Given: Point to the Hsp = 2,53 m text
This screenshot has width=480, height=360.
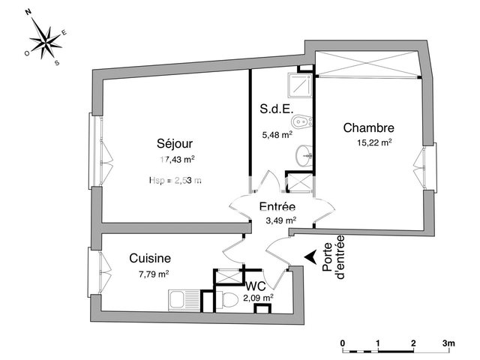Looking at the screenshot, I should pyautogui.click(x=175, y=180).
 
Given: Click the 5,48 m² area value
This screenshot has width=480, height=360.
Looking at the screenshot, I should pyautogui.click(x=275, y=135).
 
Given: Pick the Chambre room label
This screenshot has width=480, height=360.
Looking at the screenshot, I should pyautogui.click(x=369, y=127).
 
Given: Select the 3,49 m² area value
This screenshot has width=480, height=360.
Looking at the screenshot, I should pyautogui.click(x=280, y=220).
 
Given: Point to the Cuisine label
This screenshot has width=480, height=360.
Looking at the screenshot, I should pyautogui.click(x=149, y=257).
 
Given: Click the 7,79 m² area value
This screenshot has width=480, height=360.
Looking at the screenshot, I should pyautogui.click(x=152, y=274).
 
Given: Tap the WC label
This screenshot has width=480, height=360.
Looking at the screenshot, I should pyautogui.click(x=256, y=286).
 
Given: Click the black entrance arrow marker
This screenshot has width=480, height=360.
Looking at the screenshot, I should pyautogui.click(x=309, y=257).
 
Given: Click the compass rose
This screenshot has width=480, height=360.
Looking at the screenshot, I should pyautogui.click(x=46, y=42).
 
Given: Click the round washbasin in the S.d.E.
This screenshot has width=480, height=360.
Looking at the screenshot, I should pyautogui.click(x=304, y=156).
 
